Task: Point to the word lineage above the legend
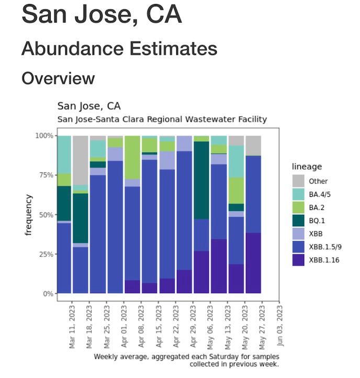(308, 166)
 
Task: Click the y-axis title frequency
(29, 215)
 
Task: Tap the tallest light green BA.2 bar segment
(132, 157)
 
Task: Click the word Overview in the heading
(58, 79)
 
